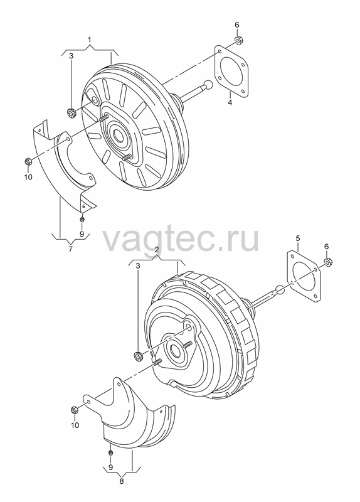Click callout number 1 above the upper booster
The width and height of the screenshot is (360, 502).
pyautogui.click(x=90, y=40)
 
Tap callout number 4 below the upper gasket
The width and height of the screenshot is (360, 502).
pyautogui.click(x=230, y=102)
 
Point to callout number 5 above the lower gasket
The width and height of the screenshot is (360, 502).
pyautogui.click(x=298, y=238)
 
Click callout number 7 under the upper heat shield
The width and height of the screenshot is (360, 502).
pyautogui.click(x=71, y=249)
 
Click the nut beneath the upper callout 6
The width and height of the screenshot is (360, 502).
pyautogui.click(x=238, y=40)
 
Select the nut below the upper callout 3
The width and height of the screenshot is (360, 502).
pyautogui.click(x=71, y=113)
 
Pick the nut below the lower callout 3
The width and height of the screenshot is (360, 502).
pyautogui.click(x=138, y=356)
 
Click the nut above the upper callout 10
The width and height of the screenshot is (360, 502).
pyautogui.click(x=28, y=162)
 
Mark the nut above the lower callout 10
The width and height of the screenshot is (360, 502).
pyautogui.click(x=74, y=410)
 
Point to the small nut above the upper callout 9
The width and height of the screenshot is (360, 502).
pyautogui.click(x=82, y=219)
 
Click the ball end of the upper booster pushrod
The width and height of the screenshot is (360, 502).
pyautogui.click(x=208, y=85)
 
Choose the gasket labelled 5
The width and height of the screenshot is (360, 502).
pyautogui.click(x=303, y=277)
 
